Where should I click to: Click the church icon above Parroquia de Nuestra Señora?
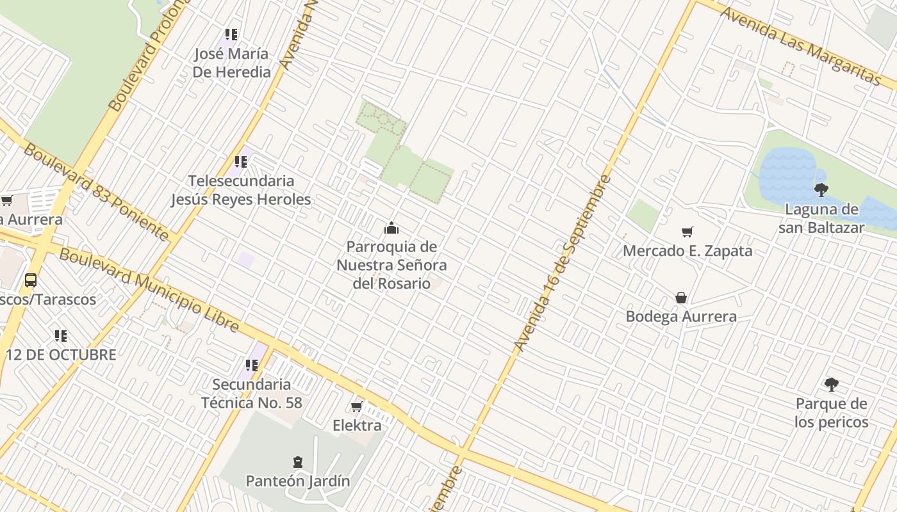[x=391, y=228]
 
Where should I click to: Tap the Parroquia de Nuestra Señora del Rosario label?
[x=391, y=265]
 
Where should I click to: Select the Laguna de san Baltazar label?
[x=821, y=218]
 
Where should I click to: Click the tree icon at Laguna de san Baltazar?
[x=821, y=189]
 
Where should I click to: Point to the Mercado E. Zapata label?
[x=687, y=251]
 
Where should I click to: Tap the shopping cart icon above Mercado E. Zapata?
[x=687, y=232]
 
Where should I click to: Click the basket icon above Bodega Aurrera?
[x=681, y=298]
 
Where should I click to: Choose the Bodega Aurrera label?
[x=681, y=316]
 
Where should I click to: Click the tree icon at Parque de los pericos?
[x=831, y=385]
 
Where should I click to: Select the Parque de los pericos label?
[x=831, y=413]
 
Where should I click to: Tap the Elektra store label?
[x=357, y=425]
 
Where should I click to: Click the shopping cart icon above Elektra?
[x=357, y=406]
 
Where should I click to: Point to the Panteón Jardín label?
[x=298, y=481]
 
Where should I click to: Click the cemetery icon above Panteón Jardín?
[x=297, y=461]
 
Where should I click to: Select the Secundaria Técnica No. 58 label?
[x=251, y=394]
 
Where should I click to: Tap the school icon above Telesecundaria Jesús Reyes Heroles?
[x=241, y=162]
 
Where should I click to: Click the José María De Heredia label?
[x=231, y=63]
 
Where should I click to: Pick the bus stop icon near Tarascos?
[x=30, y=280]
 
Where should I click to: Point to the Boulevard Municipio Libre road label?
[x=149, y=291]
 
